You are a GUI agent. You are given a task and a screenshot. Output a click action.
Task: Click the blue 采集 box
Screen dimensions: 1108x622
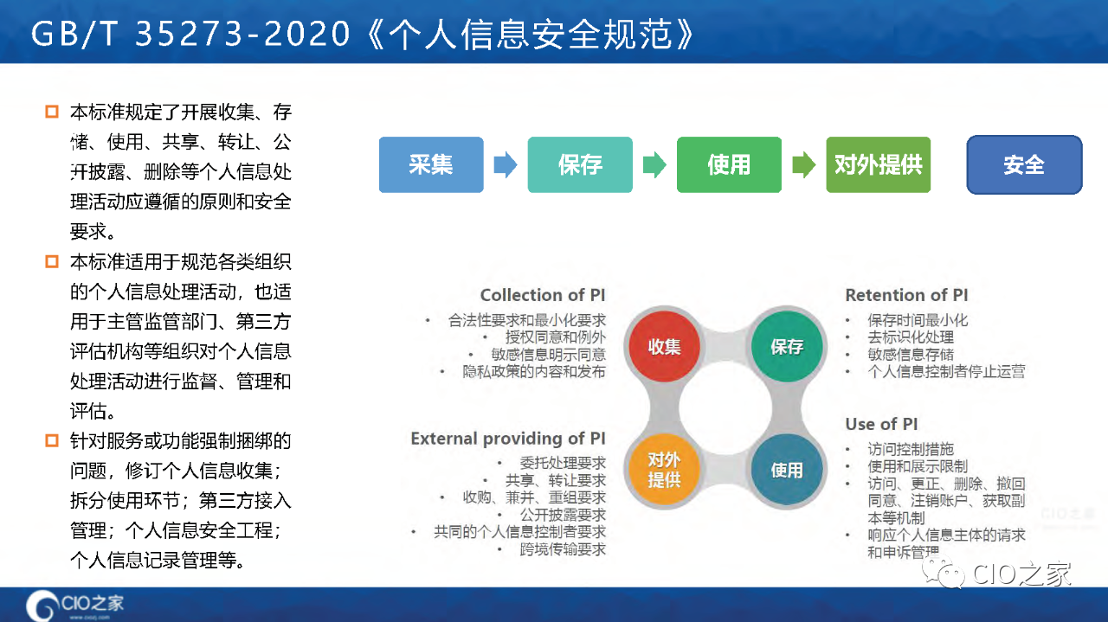point(431,164)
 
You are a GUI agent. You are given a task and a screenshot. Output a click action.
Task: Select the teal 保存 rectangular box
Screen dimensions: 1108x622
point(580,164)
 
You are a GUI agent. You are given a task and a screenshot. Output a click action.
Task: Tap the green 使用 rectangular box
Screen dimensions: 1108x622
point(729,164)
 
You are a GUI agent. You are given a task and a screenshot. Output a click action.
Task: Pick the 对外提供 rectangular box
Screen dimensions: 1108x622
point(878,164)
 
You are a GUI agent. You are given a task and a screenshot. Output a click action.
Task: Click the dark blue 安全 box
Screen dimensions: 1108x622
point(1024,164)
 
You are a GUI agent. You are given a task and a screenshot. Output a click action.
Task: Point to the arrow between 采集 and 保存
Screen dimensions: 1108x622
point(506,164)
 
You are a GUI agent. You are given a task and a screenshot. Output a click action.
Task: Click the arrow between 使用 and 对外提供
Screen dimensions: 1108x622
point(804,164)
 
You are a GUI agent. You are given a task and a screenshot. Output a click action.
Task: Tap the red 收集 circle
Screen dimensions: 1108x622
point(664,346)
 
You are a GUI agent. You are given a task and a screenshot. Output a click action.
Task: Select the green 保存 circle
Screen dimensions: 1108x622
point(787,346)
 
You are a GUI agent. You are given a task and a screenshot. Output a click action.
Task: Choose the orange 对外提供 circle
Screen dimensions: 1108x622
point(664,469)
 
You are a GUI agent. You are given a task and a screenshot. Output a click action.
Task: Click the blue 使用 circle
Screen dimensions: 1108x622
point(787,469)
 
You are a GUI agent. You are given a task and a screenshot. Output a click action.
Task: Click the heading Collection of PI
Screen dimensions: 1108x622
point(543,295)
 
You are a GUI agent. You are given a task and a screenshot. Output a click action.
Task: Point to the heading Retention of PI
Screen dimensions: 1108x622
point(906,295)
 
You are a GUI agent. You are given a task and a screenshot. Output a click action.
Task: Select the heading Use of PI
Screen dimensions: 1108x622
point(881,424)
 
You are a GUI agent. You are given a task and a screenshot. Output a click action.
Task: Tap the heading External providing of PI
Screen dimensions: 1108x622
point(508,439)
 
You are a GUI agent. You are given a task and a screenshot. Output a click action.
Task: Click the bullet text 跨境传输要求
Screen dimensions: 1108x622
point(563,549)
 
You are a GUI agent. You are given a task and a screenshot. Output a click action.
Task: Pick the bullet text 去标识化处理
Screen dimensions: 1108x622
point(911,337)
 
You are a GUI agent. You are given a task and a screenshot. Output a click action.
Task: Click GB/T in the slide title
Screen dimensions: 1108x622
point(75,34)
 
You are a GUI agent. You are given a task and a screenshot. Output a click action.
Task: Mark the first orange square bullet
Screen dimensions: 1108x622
point(51,112)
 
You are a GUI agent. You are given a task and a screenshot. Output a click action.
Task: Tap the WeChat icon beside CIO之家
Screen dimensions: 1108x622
point(944,574)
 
